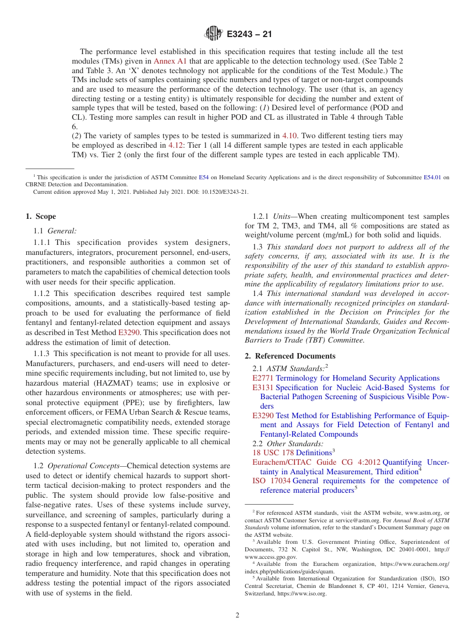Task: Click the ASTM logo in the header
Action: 213,35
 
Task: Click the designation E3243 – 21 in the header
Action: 249,35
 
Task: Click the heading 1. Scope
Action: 40,216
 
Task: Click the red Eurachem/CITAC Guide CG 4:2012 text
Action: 316,462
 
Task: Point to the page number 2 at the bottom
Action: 237,615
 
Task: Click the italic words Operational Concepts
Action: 81,466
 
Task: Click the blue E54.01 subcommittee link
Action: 432,177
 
